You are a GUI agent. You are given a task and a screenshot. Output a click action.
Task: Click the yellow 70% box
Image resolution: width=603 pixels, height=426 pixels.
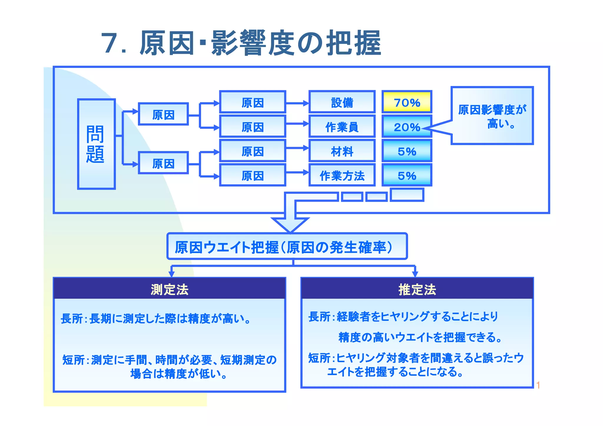point(407,102)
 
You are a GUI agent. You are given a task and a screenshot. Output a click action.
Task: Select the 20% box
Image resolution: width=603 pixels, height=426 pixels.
point(407,127)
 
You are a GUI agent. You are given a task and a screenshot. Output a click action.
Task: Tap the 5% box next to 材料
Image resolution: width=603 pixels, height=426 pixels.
point(407,151)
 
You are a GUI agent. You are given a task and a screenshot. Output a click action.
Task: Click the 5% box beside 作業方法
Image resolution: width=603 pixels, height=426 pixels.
point(407,176)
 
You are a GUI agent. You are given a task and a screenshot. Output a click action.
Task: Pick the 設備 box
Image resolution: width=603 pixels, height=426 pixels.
point(342,102)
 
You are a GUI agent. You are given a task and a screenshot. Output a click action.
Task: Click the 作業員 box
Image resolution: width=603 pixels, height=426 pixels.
point(342,127)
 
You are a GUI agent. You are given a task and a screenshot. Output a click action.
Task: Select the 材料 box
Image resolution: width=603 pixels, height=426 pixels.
point(342,151)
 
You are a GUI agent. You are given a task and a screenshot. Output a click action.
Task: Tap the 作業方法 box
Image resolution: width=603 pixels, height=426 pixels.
point(342,176)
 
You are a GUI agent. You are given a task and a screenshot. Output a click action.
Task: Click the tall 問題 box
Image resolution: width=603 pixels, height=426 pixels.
point(96,144)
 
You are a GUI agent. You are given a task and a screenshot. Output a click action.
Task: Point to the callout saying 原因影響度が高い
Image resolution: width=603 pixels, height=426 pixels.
point(492,116)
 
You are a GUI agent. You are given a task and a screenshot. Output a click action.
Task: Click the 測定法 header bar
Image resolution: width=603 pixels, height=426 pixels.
point(169,289)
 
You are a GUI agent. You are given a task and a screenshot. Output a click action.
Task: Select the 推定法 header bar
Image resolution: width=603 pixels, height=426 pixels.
point(417,289)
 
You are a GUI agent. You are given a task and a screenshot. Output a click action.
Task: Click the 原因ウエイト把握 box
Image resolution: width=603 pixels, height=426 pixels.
point(287,247)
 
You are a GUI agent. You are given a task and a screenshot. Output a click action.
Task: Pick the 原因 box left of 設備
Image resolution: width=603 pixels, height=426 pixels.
point(252,102)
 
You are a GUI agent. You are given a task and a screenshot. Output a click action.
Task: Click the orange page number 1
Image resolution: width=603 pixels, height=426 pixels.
point(538,385)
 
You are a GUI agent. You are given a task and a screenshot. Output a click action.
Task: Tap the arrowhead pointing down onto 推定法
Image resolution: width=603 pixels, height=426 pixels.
point(415,274)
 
